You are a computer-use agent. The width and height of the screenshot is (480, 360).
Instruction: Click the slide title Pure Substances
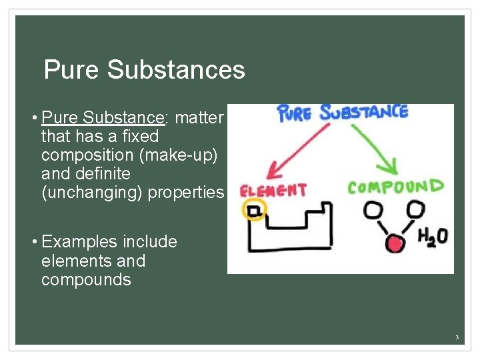click(x=144, y=70)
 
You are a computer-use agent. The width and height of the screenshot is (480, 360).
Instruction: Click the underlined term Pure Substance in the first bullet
click(x=103, y=118)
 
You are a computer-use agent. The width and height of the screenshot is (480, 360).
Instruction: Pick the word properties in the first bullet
click(x=186, y=193)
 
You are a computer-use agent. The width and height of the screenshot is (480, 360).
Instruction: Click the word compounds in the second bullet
click(x=86, y=279)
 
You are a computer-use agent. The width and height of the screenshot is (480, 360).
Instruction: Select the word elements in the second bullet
click(x=74, y=261)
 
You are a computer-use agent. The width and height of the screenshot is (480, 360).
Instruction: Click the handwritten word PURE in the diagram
click(x=294, y=113)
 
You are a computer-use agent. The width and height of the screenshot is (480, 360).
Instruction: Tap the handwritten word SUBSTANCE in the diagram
click(x=363, y=111)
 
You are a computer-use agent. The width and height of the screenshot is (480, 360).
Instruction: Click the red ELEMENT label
click(x=273, y=191)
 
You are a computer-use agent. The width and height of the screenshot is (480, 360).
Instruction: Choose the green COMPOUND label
click(x=395, y=187)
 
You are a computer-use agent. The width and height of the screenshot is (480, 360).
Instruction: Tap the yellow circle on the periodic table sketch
click(x=253, y=211)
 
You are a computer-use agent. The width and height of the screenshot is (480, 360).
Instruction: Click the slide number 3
click(x=457, y=338)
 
